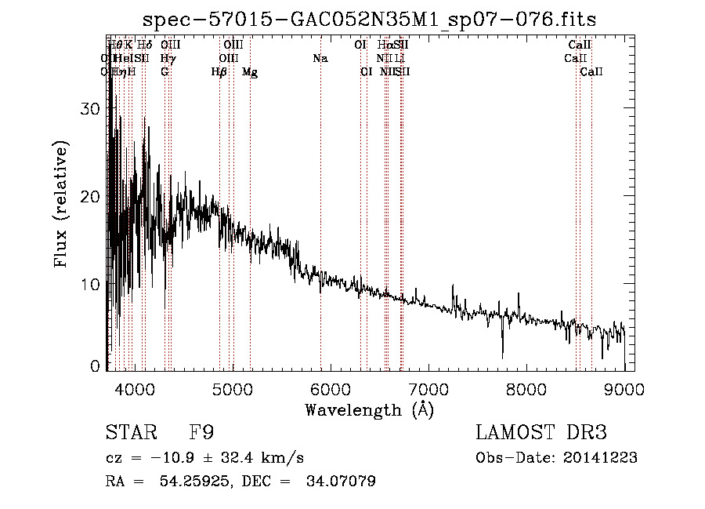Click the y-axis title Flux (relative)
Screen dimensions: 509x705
[62, 204]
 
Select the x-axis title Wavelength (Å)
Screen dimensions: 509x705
[369, 409]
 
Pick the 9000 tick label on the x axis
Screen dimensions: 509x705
[624, 388]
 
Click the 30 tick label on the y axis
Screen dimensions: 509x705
[92, 109]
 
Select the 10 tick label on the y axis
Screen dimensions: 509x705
[92, 284]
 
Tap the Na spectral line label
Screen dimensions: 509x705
[320, 59]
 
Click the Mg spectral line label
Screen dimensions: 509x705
[250, 72]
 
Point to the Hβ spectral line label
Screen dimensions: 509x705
[219, 72]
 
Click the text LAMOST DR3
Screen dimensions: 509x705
[541, 433]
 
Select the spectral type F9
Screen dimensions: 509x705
[201, 433]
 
